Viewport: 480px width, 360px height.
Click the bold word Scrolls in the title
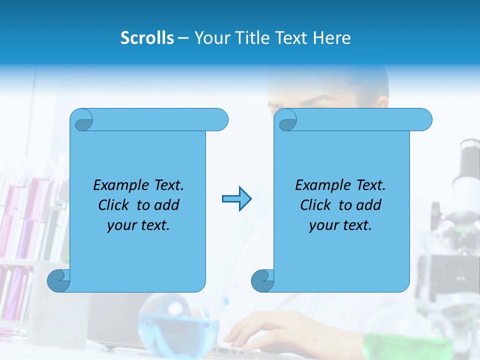coord(147,38)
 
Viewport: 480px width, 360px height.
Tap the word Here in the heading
coord(332,38)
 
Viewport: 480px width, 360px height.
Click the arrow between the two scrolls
coord(236,199)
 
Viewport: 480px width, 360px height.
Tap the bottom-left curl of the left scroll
coord(58,280)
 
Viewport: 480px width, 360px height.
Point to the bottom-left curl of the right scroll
coord(262,280)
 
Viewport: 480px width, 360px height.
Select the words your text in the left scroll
coord(138,225)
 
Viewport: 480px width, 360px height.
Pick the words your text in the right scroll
coord(340,225)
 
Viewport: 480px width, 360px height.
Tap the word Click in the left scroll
coord(113,205)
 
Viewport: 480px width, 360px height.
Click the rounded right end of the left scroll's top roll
coord(220,120)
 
